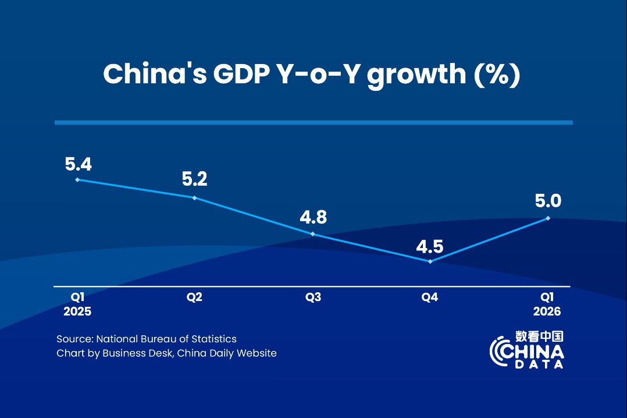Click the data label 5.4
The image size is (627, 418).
point(78,164)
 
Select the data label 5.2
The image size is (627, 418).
point(194,179)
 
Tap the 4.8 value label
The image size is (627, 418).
point(313,218)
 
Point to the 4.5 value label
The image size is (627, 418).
point(430,246)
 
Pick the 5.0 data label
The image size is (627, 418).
point(548,201)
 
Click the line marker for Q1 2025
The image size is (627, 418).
point(77,180)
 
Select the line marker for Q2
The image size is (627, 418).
point(194,198)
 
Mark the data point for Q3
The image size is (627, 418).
point(313,234)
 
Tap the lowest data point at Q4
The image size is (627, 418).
point(430,261)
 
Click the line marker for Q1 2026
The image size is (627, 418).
point(548,218)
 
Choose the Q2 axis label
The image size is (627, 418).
point(194,297)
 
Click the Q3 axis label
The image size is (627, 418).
point(313,297)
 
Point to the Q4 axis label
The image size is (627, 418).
point(430,297)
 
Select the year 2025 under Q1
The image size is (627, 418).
point(77,311)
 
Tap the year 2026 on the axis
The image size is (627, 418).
point(547,311)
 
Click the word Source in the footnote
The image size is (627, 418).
point(74,339)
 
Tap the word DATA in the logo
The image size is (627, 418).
point(539,365)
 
